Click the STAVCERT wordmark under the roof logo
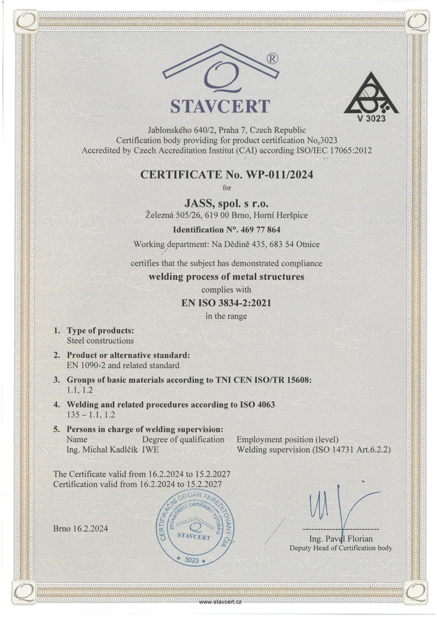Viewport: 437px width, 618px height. click(x=220, y=106)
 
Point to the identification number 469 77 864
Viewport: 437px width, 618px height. click(x=219, y=229)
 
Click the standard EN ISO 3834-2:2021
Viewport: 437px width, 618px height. click(x=218, y=303)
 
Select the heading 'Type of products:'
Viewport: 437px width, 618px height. click(x=100, y=331)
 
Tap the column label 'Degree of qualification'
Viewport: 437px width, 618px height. click(x=183, y=439)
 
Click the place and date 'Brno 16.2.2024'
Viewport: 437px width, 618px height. click(x=81, y=529)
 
